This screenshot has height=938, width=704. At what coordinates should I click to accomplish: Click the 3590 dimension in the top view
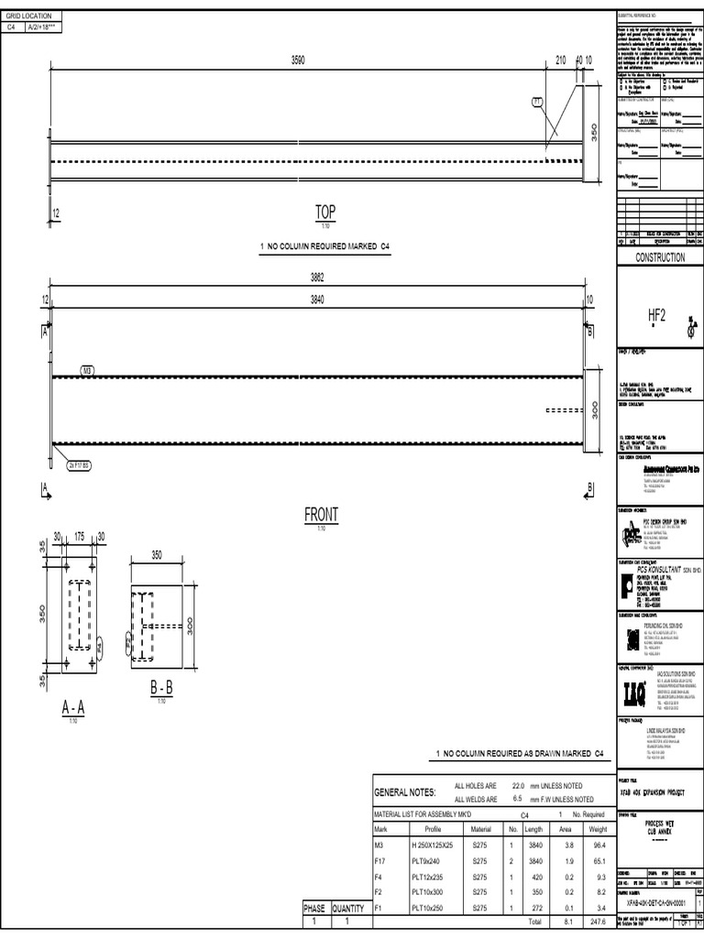point(298,60)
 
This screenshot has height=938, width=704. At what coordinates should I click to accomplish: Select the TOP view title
point(325,213)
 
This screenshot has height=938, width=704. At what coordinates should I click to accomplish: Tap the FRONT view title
point(321,516)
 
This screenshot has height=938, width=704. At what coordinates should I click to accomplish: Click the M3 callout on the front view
point(88,370)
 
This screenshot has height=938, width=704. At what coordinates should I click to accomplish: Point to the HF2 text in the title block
point(656,315)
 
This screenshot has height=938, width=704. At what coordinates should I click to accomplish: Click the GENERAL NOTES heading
point(402,791)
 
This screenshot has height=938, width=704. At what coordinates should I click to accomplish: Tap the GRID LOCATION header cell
point(32,16)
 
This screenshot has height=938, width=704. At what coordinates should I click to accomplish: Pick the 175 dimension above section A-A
point(80,535)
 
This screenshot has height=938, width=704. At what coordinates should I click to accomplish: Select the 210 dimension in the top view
point(561,60)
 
